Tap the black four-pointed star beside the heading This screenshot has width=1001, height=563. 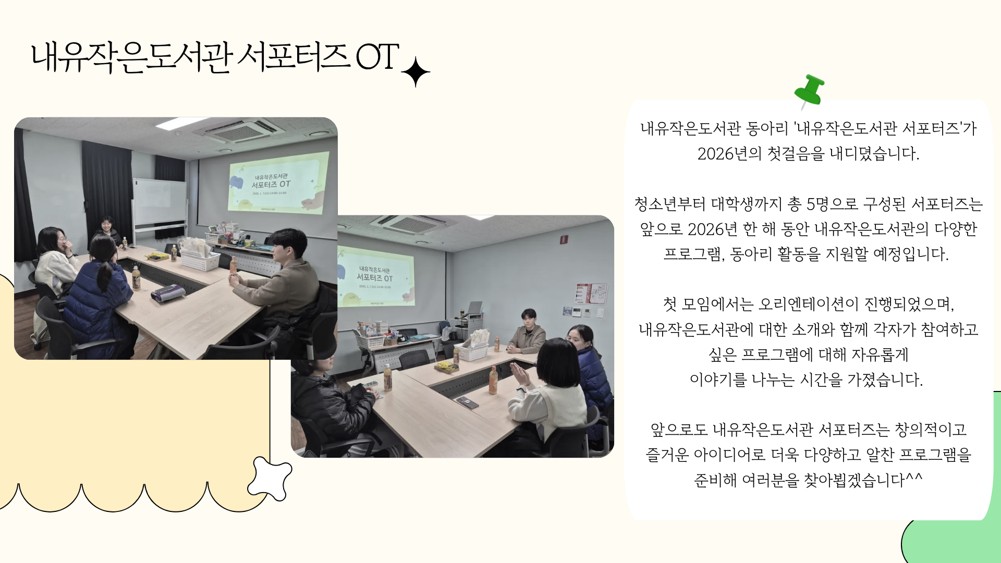[416, 72]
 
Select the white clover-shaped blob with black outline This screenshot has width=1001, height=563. [270, 479]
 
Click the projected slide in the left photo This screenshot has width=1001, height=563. [278, 182]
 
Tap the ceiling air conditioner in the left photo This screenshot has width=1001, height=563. [239, 130]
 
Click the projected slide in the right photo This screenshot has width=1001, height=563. [375, 276]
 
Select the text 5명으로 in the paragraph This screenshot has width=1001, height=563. [833, 204]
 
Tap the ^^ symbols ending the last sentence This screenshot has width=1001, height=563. [914, 477]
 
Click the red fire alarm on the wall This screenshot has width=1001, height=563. [564, 239]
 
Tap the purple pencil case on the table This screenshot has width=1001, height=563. [167, 293]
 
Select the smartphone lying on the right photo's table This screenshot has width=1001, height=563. [467, 402]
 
